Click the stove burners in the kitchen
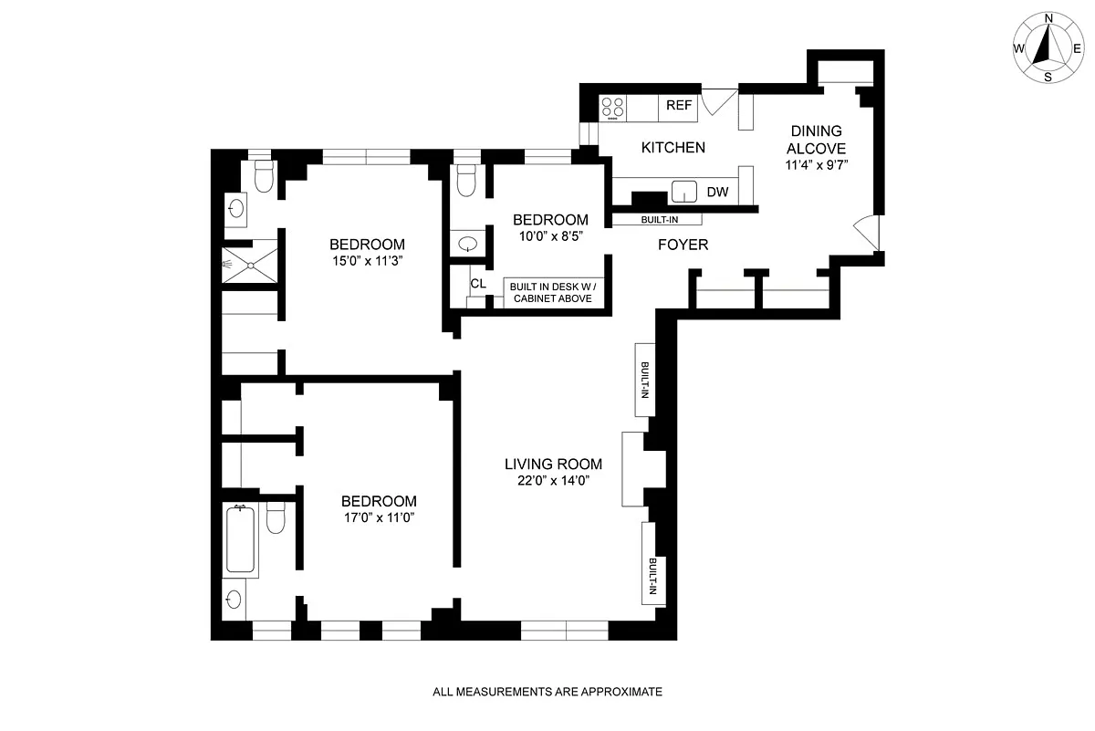pos(612,109)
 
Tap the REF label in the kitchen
pos(679,105)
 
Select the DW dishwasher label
pos(717,193)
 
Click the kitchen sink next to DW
pos(683,191)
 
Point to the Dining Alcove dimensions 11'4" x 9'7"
pos(817,165)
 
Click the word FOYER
pos(683,245)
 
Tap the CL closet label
pos(478,284)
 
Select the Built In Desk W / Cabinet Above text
pos(553,292)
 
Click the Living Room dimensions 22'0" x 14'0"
pos(553,481)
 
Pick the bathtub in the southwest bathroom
pos(240,539)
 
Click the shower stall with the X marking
pos(250,265)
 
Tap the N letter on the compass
pos(1048,18)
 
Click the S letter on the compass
pos(1048,78)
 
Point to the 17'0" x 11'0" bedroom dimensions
pos(379,517)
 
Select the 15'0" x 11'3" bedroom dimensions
pos(367,261)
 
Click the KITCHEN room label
pos(673,147)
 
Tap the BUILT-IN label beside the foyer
pos(660,220)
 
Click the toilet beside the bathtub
pos(276,517)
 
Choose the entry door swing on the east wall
pos(867,233)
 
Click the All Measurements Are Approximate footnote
pos(547,692)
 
